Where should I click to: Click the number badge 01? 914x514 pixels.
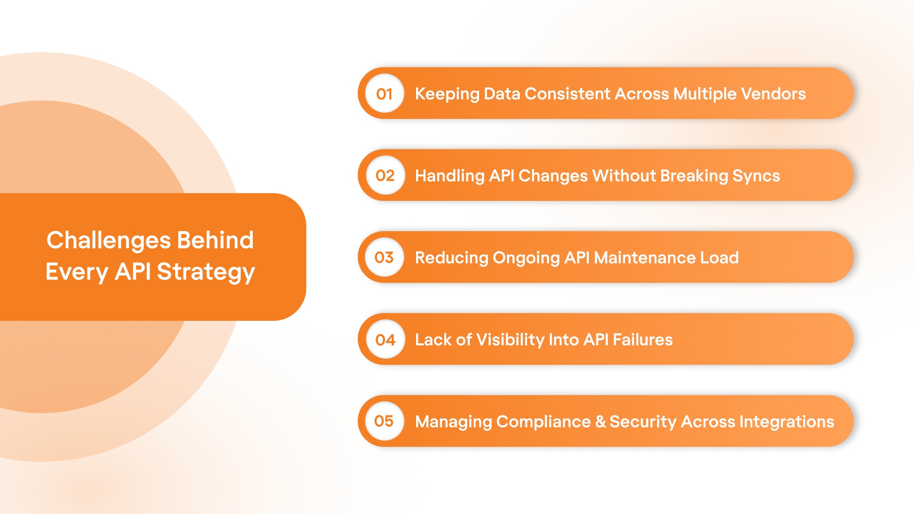385,94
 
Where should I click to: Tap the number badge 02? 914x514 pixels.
385,176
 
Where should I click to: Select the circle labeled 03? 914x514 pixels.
385,257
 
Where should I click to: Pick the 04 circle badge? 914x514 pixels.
385,339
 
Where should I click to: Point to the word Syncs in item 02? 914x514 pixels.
756,176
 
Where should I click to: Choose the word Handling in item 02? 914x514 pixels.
449,176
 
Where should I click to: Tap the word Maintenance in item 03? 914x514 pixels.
645,257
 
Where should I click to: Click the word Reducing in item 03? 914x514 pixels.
451,258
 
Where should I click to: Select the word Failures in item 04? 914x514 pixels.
642,339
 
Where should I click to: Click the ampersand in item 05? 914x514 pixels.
600,422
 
